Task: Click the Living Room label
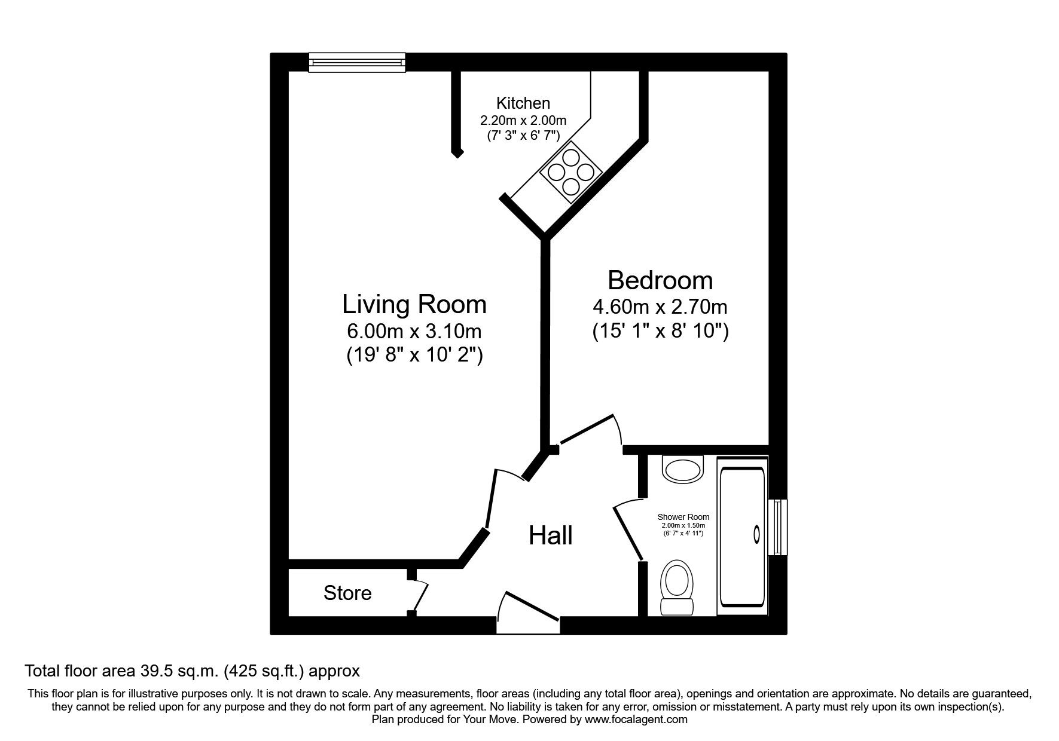tap(414, 304)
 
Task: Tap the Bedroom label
tap(660, 280)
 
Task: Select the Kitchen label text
tap(523, 103)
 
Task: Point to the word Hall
tap(551, 535)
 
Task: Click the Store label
tap(347, 593)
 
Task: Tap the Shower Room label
tap(683, 517)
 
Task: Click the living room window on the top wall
tap(357, 62)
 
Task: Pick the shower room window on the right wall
tap(777, 527)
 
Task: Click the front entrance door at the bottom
tap(529, 612)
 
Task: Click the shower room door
tap(628, 531)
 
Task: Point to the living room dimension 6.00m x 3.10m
tap(414, 330)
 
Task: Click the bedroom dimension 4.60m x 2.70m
tap(660, 307)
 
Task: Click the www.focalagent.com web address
tap(636, 719)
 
